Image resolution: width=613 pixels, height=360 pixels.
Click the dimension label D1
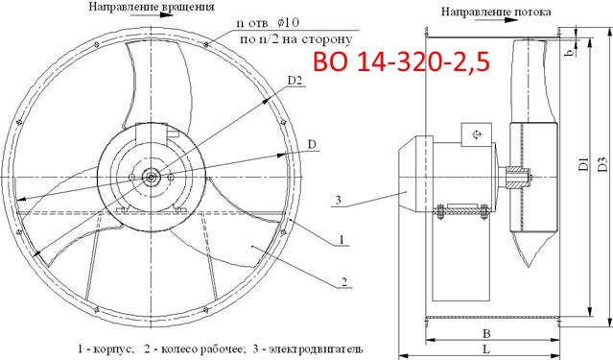point(581,165)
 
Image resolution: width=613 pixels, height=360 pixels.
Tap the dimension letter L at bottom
point(489,349)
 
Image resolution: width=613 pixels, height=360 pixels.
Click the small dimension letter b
point(595,53)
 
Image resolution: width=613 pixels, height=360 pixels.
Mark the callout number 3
point(339,200)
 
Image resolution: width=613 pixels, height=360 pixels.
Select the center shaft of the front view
point(152,175)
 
